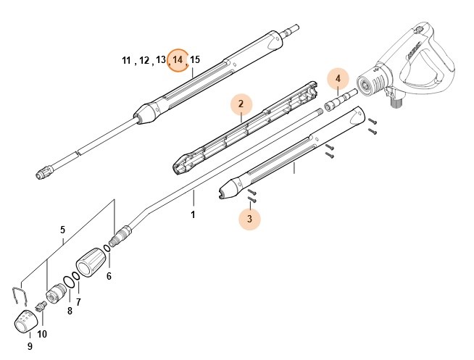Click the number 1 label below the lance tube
[x=193, y=215]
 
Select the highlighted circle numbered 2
[x=241, y=104]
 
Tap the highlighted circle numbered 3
[x=249, y=217]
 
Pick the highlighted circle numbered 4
[x=337, y=78]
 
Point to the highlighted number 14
[x=178, y=60]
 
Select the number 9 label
[x=42, y=334]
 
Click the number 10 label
[x=128, y=60]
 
